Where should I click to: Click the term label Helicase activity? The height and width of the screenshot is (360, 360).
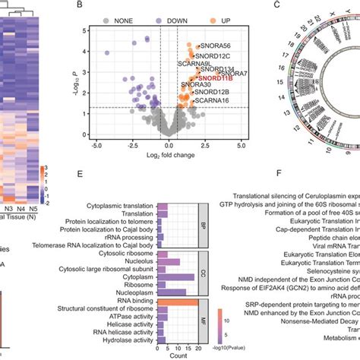point(129,301)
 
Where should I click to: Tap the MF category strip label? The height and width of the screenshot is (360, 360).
point(203,301)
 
